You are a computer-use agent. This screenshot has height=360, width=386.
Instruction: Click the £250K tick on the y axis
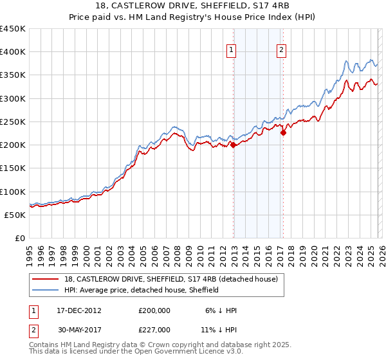13,122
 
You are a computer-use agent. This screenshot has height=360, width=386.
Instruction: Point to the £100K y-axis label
13,192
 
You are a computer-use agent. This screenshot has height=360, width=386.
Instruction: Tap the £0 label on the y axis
19,238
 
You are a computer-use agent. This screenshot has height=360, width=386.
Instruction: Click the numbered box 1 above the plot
231,52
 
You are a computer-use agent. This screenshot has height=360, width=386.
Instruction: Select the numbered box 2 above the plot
282,52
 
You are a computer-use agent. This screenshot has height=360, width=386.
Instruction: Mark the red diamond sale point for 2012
233,145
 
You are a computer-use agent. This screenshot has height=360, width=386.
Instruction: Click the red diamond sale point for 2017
283,133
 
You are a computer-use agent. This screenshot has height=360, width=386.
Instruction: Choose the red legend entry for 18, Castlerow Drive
170,279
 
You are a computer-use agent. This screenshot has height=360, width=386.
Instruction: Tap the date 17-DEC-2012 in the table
78,310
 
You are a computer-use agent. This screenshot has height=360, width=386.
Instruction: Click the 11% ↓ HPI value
221,329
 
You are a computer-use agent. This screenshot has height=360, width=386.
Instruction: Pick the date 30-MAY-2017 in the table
78,329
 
